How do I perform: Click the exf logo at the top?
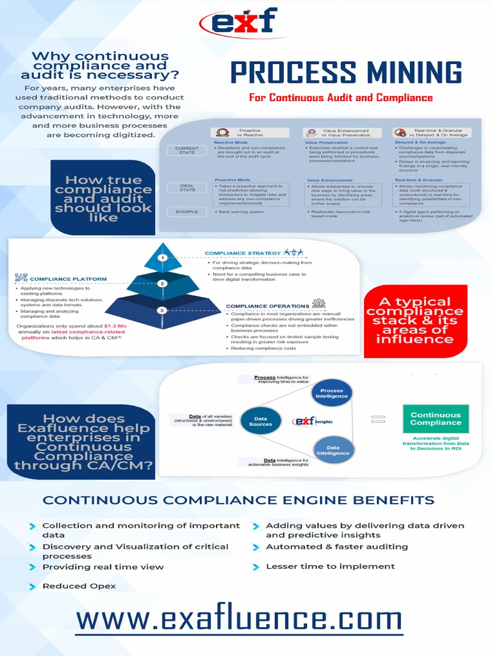238,23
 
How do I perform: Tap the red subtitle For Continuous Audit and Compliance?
341,98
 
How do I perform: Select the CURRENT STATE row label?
186,150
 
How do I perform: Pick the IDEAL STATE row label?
186,188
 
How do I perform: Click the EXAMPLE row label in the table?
186,211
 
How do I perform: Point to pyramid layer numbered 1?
163,258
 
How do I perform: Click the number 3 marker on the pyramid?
163,310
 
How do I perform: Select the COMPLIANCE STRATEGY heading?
243,254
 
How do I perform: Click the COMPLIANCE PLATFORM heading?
68,279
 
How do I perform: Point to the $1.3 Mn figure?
115,326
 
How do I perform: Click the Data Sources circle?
261,421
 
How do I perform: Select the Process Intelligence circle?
332,393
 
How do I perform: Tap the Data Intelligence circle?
332,450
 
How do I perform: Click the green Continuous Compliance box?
436,419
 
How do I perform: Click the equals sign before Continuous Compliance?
379,419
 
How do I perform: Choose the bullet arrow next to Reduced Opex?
32,586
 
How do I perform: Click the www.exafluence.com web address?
238,619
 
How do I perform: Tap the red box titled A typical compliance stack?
416,320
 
